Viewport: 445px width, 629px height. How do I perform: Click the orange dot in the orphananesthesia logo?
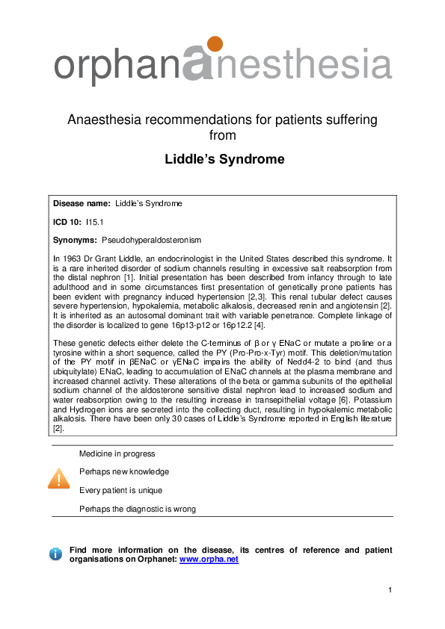[x=214, y=43]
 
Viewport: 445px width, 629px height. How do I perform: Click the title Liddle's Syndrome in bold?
[x=224, y=159]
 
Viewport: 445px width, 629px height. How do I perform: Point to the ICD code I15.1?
[x=93, y=222]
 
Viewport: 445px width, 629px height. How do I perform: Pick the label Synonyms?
[x=75, y=240]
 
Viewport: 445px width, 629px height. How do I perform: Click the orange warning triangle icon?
[x=58, y=479]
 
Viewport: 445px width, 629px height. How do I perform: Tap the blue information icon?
[x=55, y=554]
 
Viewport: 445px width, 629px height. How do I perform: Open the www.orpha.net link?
[x=209, y=559]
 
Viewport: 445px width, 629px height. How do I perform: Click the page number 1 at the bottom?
[x=390, y=591]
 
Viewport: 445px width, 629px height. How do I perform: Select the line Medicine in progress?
[x=117, y=453]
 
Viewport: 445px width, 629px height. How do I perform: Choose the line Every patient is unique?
[x=120, y=490]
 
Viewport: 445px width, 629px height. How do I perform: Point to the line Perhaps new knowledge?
[x=124, y=471]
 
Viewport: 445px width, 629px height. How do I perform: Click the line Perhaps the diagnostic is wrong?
[x=138, y=509]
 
